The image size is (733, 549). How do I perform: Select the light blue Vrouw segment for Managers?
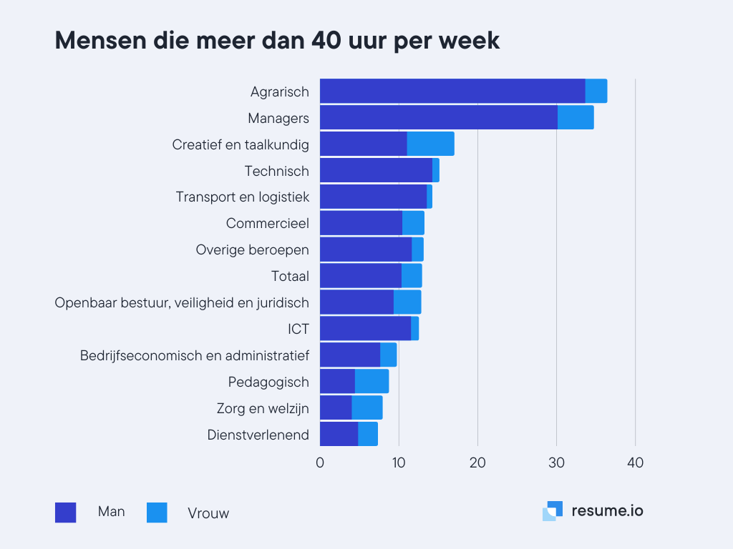click(x=576, y=118)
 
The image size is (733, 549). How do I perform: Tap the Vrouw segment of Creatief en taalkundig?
click(x=430, y=144)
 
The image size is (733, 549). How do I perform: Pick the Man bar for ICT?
click(x=365, y=329)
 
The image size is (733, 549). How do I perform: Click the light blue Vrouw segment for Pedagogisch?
click(x=372, y=382)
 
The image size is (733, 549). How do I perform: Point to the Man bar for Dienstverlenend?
click(x=339, y=435)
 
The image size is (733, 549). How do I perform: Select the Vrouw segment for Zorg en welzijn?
click(x=366, y=408)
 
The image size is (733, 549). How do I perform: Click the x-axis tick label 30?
click(x=556, y=463)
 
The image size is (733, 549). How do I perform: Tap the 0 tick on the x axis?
click(x=320, y=463)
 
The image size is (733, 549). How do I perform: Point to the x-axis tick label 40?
click(x=635, y=463)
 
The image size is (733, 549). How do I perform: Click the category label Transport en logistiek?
click(x=243, y=197)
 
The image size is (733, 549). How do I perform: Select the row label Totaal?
click(x=290, y=276)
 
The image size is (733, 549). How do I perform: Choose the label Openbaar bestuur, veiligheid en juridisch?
click(x=182, y=302)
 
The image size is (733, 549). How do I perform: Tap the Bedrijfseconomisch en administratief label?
click(x=195, y=355)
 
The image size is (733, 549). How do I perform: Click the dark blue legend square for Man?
click(x=65, y=513)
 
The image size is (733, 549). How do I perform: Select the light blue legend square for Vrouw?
click(x=157, y=513)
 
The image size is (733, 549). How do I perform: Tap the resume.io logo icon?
click(x=553, y=511)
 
